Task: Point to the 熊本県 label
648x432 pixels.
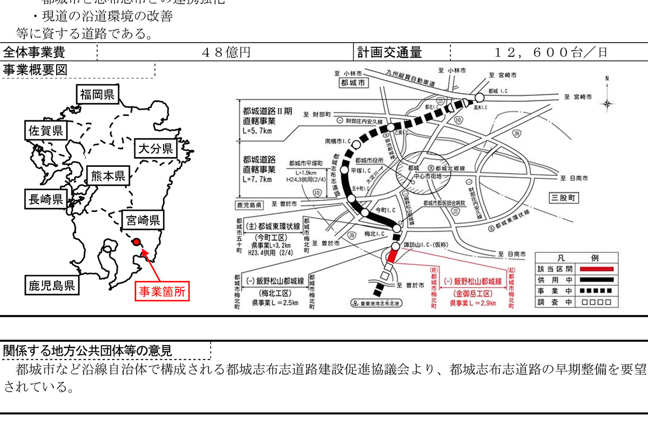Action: point(108,175)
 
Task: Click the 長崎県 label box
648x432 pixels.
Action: point(45,199)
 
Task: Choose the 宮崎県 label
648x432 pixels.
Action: point(143,220)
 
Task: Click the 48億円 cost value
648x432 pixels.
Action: point(226,52)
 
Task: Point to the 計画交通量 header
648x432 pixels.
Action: point(389,52)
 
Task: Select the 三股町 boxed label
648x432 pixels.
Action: point(562,198)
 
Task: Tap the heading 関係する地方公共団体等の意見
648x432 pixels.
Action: point(87,350)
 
